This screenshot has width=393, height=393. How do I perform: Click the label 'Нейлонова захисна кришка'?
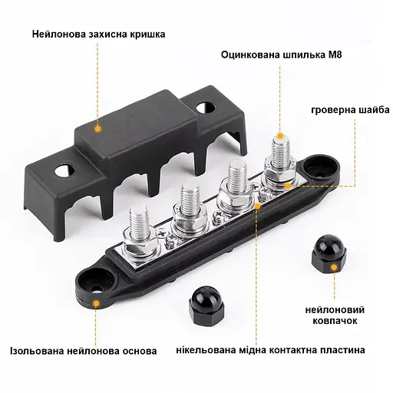[98, 35]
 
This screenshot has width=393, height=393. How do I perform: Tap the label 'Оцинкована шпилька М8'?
[281, 54]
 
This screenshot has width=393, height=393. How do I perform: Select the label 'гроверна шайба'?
[350, 110]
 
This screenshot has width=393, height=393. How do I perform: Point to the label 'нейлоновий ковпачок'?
[335, 315]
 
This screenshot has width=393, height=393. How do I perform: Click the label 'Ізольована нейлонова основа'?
[84, 351]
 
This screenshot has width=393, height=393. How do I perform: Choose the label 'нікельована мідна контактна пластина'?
[270, 350]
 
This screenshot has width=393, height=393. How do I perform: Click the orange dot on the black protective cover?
[97, 129]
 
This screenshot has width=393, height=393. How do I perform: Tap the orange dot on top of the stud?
[280, 136]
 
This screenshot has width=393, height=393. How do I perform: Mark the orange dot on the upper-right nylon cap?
[334, 268]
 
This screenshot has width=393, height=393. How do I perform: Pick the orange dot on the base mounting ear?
[96, 304]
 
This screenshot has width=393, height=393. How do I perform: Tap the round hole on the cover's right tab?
[205, 107]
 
